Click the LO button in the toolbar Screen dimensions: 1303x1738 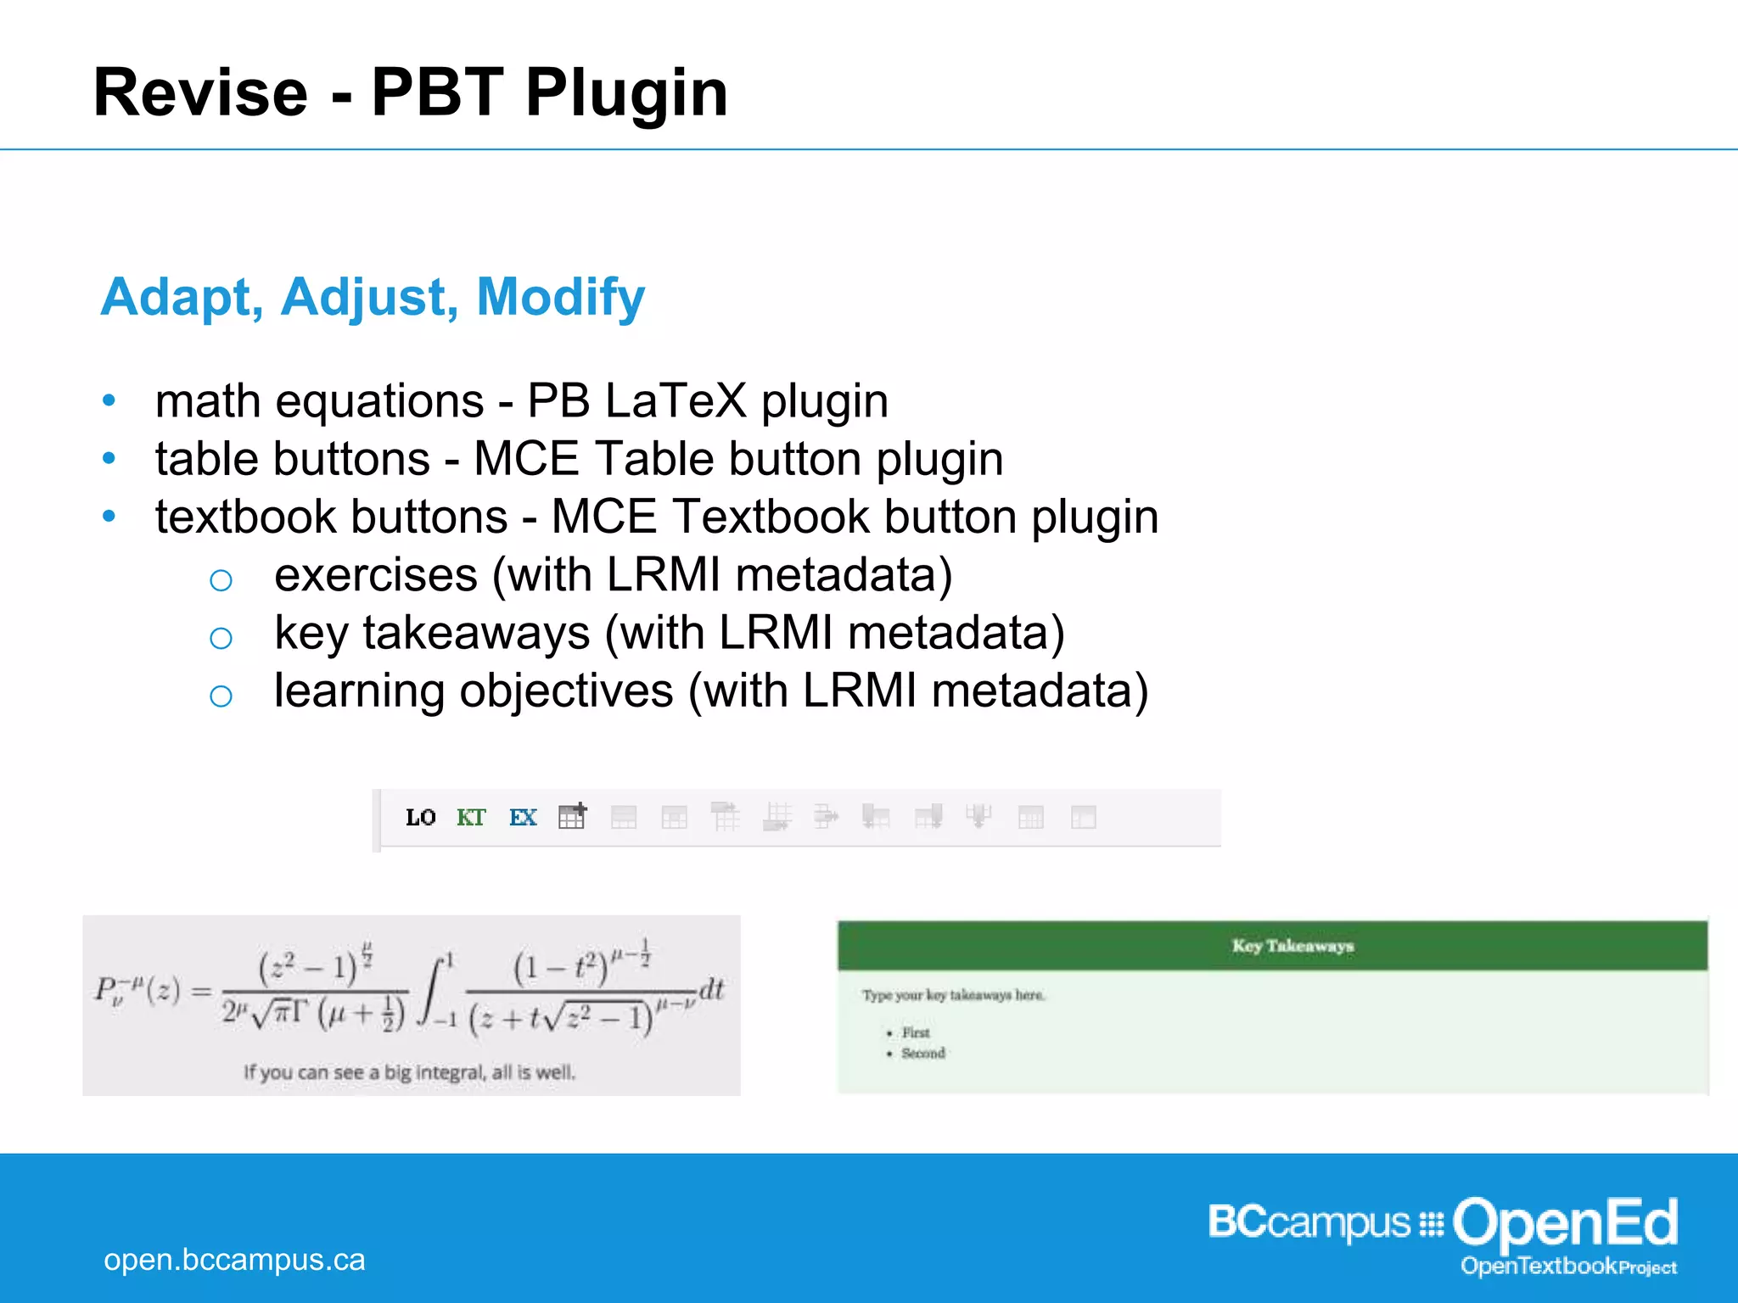[x=420, y=817]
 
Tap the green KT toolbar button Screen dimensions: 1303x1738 [x=471, y=817]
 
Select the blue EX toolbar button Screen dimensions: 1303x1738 [x=523, y=817]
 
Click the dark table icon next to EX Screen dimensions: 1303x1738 [x=573, y=816]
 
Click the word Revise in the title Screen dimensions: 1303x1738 [x=200, y=92]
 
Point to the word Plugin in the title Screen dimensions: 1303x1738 [x=626, y=92]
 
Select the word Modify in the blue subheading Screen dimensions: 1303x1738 [x=560, y=298]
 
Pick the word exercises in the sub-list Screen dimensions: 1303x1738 [x=376, y=575]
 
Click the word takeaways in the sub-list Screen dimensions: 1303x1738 [x=476, y=633]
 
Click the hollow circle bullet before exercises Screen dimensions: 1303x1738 [x=221, y=580]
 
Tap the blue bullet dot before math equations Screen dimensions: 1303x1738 [x=109, y=400]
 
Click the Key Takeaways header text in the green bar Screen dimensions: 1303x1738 [x=1292, y=945]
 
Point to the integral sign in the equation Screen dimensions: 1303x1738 [x=433, y=991]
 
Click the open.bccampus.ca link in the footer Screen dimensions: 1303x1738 [x=234, y=1260]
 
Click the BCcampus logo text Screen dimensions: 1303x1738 [x=1308, y=1222]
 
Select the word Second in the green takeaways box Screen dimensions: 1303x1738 [x=923, y=1053]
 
